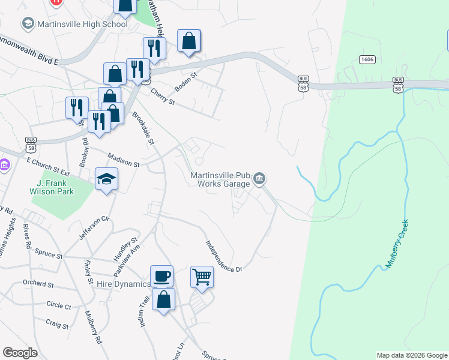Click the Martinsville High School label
pyautogui.click(x=82, y=24)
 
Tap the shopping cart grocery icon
pyautogui.click(x=202, y=277)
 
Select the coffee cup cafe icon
pyautogui.click(x=161, y=276)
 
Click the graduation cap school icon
pyautogui.click(x=106, y=179)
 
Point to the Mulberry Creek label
pyautogui.click(x=397, y=243)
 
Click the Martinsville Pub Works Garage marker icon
pyautogui.click(x=260, y=178)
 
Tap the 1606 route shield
pyautogui.click(x=367, y=59)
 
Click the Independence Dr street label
pyautogui.click(x=223, y=257)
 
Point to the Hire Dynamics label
pyautogui.click(x=123, y=284)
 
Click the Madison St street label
pyautogui.click(x=124, y=160)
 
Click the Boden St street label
pyautogui.click(x=185, y=83)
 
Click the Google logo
pyautogui.click(x=20, y=353)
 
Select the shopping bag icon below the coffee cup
pyautogui.click(x=163, y=299)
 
